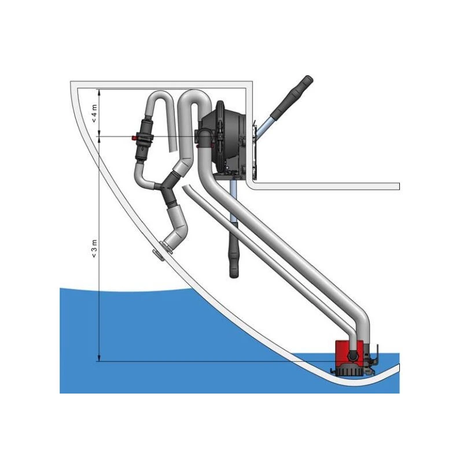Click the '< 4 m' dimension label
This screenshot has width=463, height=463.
[x=94, y=113]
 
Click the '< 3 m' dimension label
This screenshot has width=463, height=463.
[x=94, y=249]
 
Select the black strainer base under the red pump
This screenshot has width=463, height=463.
[x=350, y=370]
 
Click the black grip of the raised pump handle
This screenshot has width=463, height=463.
[x=292, y=96]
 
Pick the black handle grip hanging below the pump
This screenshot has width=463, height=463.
[x=234, y=251]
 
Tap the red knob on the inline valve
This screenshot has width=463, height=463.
[x=134, y=138]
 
